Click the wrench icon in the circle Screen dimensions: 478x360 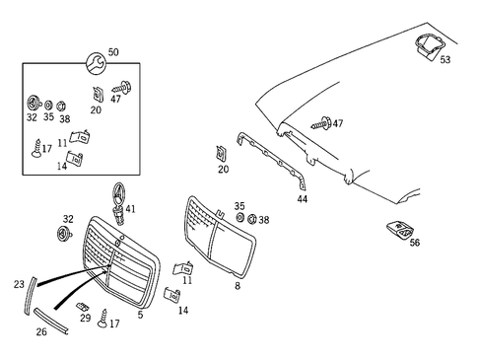tap(96, 63)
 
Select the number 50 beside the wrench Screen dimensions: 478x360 tap(113, 52)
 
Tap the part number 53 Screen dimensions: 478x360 tap(445, 59)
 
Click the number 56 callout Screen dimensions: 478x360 tap(415, 243)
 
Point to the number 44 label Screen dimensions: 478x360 tap(303, 199)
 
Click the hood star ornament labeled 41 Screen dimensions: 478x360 tap(118, 203)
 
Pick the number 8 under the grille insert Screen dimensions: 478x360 tap(238, 286)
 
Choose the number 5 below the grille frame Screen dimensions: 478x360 tap(140, 315)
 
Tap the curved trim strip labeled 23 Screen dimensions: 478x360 tap(31, 296)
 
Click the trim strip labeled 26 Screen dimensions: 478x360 tap(51, 322)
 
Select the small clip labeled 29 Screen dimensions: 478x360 tap(83, 307)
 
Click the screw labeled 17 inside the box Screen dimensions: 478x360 tap(36, 148)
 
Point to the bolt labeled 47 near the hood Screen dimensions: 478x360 tap(321, 123)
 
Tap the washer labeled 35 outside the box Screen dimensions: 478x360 tap(239, 218)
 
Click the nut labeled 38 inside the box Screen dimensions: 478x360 tap(60, 107)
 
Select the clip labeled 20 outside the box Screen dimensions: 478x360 tap(221, 154)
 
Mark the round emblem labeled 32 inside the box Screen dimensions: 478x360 tap(34, 103)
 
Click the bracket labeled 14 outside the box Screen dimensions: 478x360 tap(171, 294)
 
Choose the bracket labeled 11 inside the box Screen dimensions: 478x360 tap(80, 137)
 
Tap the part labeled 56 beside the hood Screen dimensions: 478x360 tap(399, 230)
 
